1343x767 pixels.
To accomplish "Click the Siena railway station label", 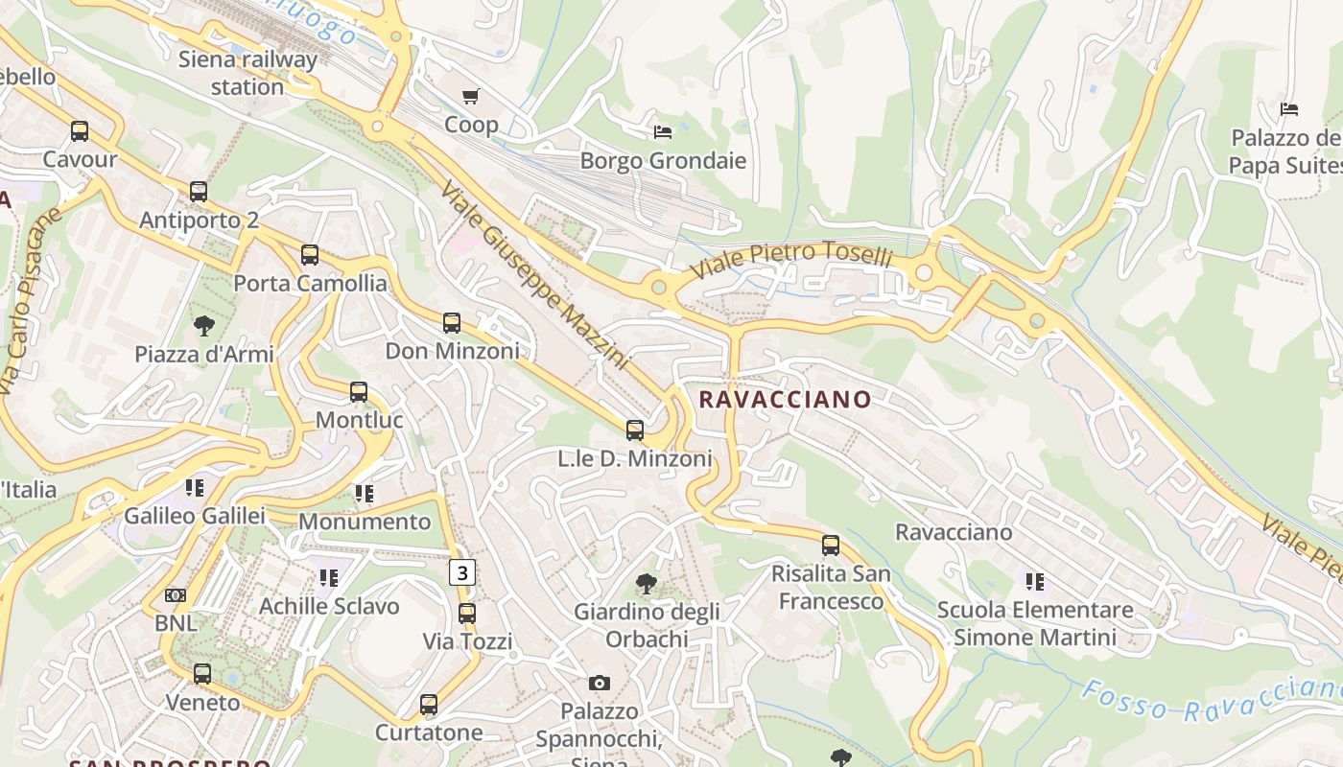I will pyautogui.click(x=247, y=73).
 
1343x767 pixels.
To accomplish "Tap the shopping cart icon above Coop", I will pyautogui.click(x=470, y=96).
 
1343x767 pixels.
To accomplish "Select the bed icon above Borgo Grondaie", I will pyautogui.click(x=663, y=131).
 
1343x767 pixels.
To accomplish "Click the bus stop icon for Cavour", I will pyautogui.click(x=80, y=130).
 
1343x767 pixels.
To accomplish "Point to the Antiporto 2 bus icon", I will pyautogui.click(x=199, y=191).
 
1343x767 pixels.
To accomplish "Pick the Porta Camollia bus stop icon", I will pyautogui.click(x=310, y=255).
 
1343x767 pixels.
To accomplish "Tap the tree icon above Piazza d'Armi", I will pyautogui.click(x=203, y=326).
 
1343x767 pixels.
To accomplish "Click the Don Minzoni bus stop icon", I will pyautogui.click(x=452, y=323).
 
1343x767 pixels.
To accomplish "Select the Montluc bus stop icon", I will pyautogui.click(x=359, y=392).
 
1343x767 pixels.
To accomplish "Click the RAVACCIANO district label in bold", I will pyautogui.click(x=785, y=400).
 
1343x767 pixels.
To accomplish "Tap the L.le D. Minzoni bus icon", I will pyautogui.click(x=635, y=430).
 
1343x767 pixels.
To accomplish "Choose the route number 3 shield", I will pyautogui.click(x=463, y=573).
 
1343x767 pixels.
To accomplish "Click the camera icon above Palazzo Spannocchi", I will pyautogui.click(x=600, y=683).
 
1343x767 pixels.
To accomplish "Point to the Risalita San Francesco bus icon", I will pyautogui.click(x=831, y=546).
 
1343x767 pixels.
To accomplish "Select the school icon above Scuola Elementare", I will pyautogui.click(x=1034, y=581).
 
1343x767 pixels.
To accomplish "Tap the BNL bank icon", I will pyautogui.click(x=176, y=595).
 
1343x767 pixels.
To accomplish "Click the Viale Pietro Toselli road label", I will pyautogui.click(x=792, y=258).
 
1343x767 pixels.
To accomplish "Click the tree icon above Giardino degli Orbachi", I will pyautogui.click(x=647, y=583).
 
